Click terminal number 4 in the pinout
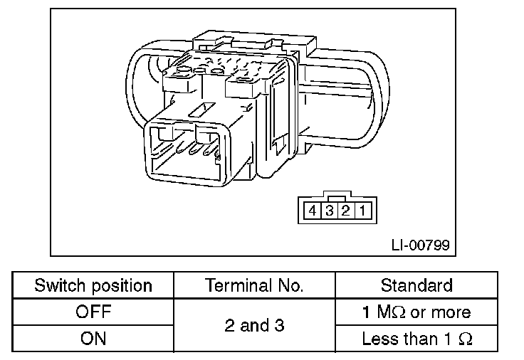(312, 211)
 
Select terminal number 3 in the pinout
(328, 211)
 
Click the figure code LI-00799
(420, 245)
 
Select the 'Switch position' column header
(93, 286)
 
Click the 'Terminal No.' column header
(253, 286)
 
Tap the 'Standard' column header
(416, 286)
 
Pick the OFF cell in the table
(93, 312)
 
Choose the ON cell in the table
(93, 338)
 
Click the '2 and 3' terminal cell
(253, 325)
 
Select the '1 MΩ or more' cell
(416, 312)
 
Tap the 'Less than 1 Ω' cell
(416, 338)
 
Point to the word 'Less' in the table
(379, 338)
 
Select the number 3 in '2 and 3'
(280, 325)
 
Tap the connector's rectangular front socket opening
(187, 153)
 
